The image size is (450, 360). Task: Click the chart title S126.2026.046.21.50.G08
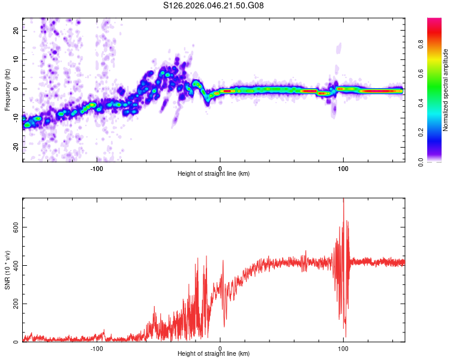214,6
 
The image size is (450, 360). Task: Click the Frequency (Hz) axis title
7,89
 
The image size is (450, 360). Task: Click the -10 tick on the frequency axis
14,118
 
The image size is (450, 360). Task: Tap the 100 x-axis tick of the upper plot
343,169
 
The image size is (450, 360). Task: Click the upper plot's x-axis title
214,174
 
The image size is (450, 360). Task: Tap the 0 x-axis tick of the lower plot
220,349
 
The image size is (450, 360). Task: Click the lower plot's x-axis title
214,354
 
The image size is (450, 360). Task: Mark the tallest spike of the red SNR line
343,200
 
